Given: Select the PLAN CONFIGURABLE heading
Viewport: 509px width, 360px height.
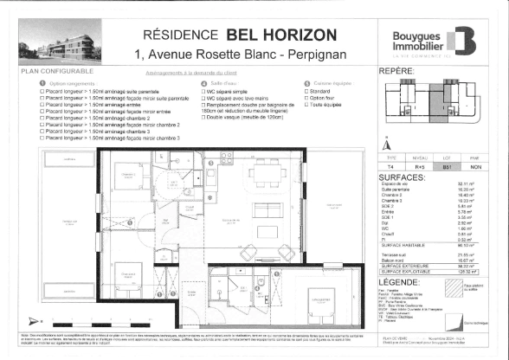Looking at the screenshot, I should [x=51, y=75].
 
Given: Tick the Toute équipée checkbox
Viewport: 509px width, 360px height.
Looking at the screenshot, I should [x=305, y=102].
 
